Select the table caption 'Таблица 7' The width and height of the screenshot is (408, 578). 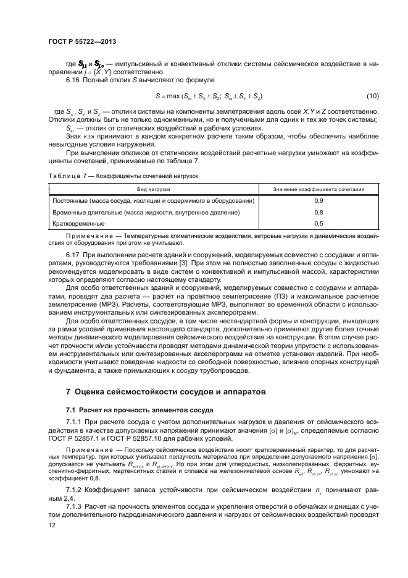tap(64, 176)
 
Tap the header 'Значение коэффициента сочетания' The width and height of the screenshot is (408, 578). tap(318, 189)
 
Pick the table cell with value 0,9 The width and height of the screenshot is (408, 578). tap(318, 202)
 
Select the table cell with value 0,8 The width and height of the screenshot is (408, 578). tap(318, 213)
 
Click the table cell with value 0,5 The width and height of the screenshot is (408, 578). tap(318, 224)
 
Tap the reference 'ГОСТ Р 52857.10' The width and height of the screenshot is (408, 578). tap(140, 438)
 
